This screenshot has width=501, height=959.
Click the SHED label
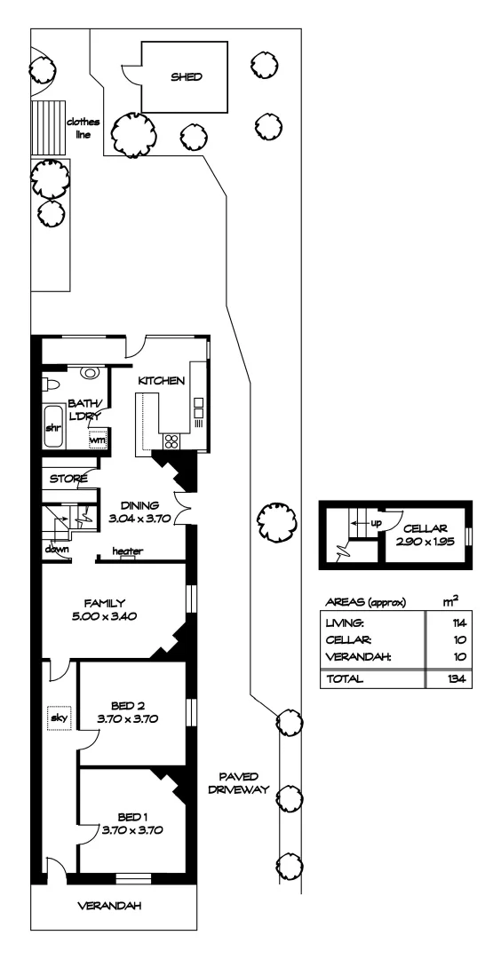187,77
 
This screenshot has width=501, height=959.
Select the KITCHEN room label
161,381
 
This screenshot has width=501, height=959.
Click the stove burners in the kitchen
171,441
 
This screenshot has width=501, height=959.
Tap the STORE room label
69,479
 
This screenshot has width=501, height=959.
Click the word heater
129,551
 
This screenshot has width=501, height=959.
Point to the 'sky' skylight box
58,716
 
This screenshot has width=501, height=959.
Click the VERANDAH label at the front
110,907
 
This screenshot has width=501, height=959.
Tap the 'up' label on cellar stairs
376,523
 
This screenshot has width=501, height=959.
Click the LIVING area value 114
458,622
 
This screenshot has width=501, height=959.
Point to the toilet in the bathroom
52,384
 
